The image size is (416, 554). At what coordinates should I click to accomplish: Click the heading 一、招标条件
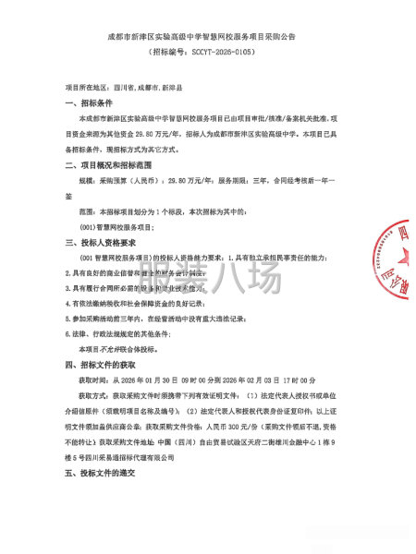pos(91,103)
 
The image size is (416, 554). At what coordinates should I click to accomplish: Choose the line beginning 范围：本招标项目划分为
pos(185,211)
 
